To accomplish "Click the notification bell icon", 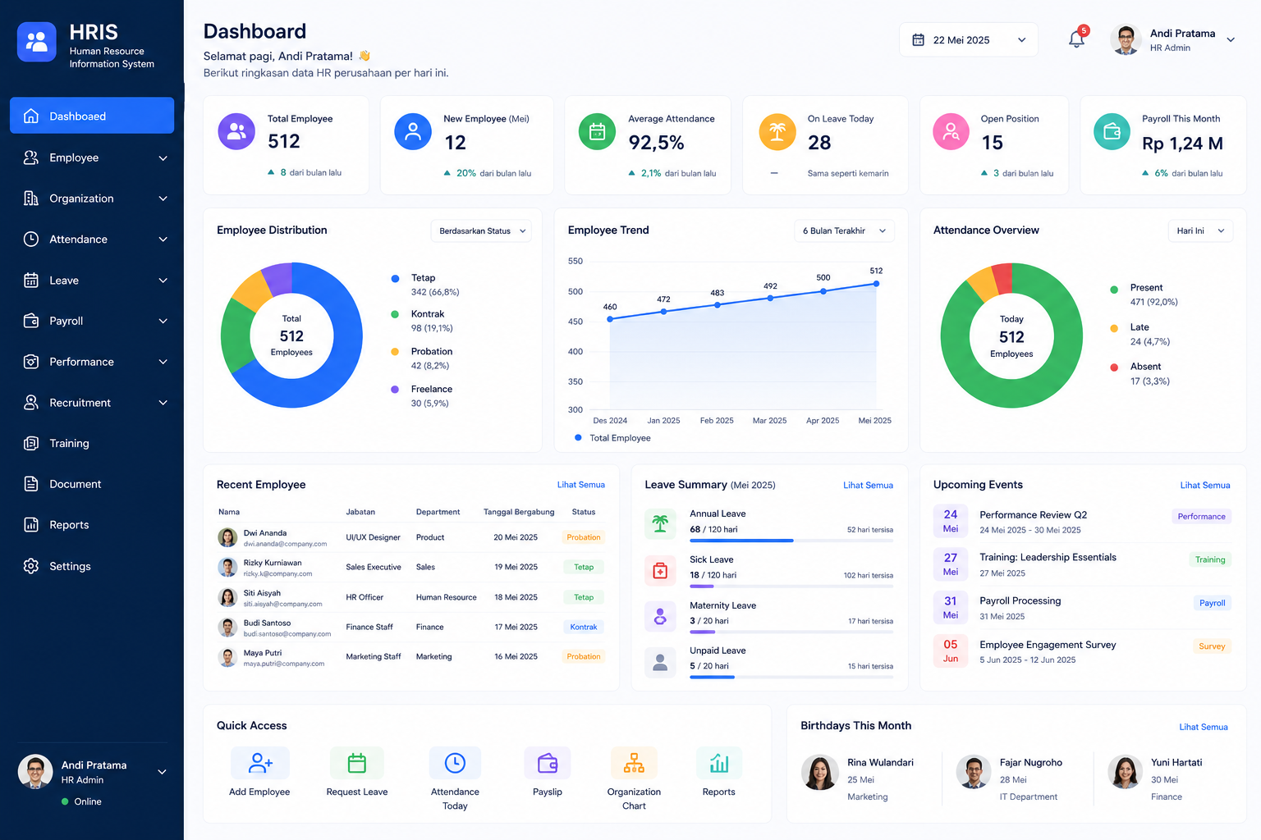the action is [1075, 40].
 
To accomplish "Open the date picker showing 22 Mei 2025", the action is [968, 40].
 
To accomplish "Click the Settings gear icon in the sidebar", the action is [31, 566].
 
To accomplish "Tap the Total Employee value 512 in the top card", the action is [284, 141].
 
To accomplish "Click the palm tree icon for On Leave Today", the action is [777, 132].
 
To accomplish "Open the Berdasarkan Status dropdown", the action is [481, 231].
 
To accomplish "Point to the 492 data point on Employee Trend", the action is [770, 298].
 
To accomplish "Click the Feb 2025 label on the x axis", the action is [717, 420].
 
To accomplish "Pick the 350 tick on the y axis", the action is [575, 381].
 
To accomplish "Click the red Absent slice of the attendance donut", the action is [1003, 277].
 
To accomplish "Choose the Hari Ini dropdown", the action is [1200, 231].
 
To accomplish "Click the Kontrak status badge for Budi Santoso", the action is [583, 627].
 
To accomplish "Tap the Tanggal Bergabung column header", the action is [519, 512].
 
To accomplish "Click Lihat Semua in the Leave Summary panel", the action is [868, 485].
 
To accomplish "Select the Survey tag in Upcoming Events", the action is [1212, 646].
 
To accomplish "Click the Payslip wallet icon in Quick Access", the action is [548, 764].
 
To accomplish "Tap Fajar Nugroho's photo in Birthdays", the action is [974, 772].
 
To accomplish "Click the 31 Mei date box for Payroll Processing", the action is [950, 608].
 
